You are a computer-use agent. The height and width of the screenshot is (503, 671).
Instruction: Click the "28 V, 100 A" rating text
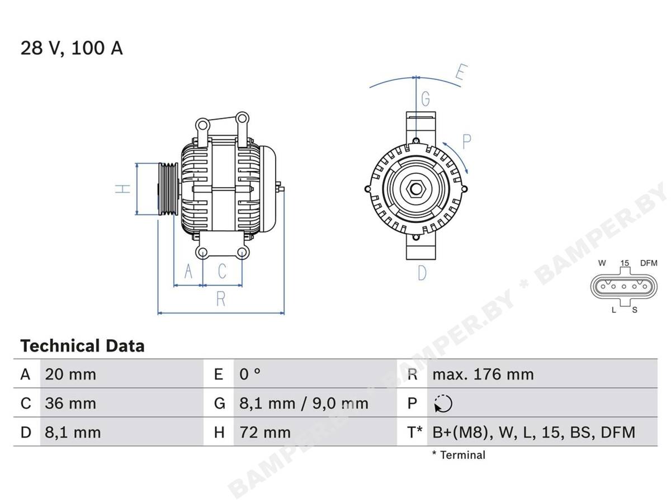point(72,48)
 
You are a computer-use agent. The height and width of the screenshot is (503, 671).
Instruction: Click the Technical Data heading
point(82,346)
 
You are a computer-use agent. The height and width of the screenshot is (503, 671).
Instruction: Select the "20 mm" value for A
point(70,374)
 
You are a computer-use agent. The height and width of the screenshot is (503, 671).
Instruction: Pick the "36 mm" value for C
point(70,403)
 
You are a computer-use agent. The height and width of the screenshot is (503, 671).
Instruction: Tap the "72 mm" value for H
point(265,432)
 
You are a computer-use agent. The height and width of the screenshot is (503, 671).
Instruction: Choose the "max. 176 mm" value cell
point(483,374)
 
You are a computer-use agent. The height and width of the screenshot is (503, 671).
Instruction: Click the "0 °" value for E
point(250,374)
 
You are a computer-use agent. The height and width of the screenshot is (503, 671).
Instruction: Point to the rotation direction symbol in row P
point(443,404)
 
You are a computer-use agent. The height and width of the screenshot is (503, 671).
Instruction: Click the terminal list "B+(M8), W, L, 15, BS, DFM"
point(534,433)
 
